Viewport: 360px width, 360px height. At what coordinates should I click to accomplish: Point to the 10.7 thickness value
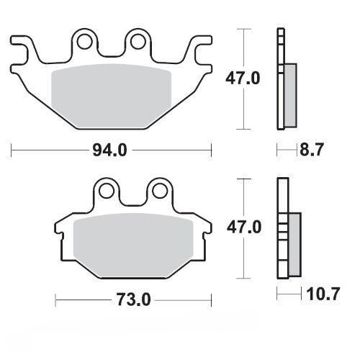tap(317, 294)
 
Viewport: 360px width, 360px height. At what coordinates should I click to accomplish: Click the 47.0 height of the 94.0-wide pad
tap(262, 77)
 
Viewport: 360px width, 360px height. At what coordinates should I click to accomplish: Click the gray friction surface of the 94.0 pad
tap(112, 90)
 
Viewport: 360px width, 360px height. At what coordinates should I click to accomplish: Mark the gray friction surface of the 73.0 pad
tap(133, 241)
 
